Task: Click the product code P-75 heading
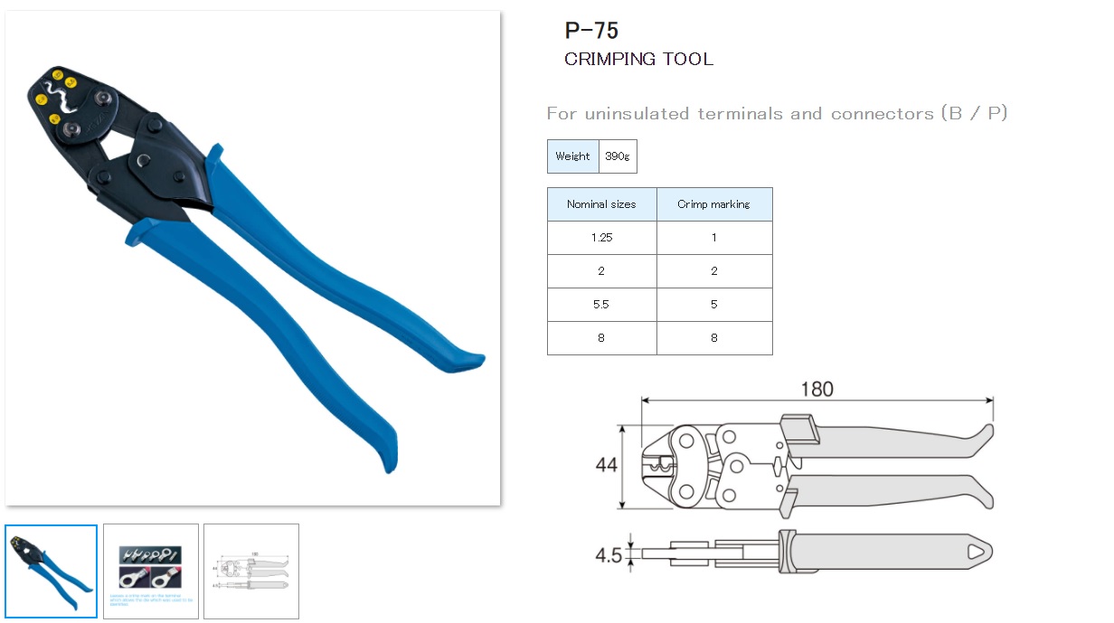(591, 31)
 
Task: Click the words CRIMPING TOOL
(638, 60)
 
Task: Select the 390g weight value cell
(618, 156)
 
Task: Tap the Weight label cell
(572, 156)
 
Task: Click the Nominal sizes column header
(601, 204)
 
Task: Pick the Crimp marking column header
(713, 204)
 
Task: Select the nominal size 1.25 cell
(601, 238)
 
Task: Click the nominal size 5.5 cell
(601, 305)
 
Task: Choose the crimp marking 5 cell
(713, 305)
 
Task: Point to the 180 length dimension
(817, 389)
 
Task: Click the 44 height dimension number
(606, 465)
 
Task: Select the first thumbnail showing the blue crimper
(52, 571)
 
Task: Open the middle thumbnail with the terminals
(151, 571)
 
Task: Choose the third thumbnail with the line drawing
(250, 571)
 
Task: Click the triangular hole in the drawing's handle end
(977, 552)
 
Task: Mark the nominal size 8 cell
(601, 338)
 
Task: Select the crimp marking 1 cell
(713, 238)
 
